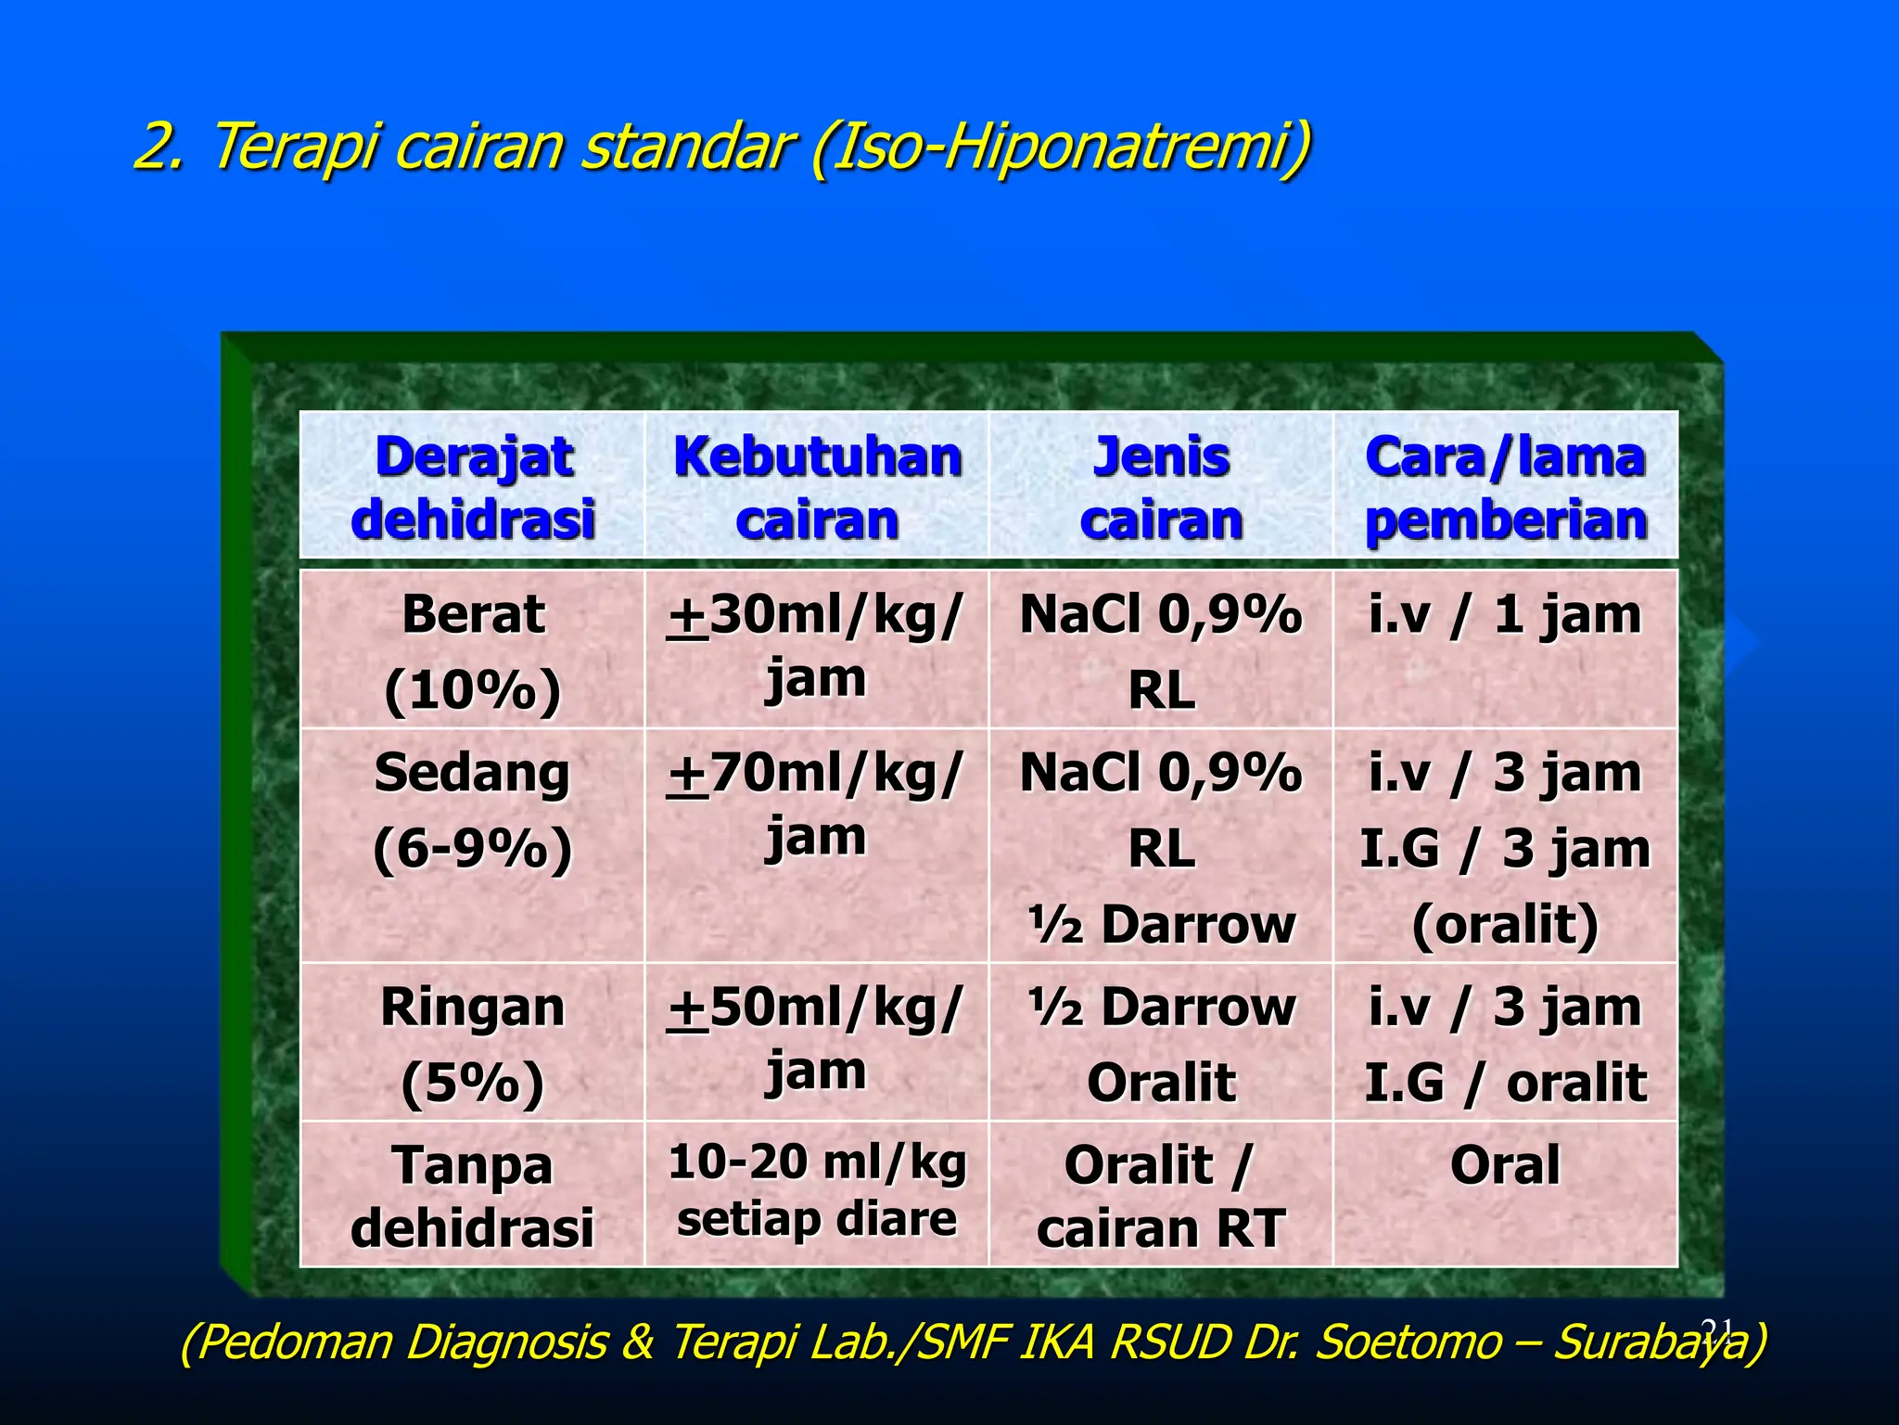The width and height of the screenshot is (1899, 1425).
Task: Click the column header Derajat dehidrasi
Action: coord(472,486)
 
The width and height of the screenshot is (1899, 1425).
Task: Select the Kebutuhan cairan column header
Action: coord(817,486)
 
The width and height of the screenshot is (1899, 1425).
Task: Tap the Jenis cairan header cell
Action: coord(1161,486)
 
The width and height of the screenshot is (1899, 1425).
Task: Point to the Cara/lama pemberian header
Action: coord(1505,486)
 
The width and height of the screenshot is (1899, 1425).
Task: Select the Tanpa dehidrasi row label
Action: coord(472,1195)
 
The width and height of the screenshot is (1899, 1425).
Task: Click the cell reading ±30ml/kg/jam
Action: coord(816,646)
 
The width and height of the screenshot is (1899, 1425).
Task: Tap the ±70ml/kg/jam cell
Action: coord(816,803)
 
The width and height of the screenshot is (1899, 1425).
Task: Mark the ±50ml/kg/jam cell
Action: coord(816,1039)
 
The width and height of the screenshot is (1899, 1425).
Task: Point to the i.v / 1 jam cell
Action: coord(1504,615)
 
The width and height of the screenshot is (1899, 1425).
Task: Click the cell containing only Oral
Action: coord(1504,1165)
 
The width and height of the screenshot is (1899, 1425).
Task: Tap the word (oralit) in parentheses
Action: coord(1504,924)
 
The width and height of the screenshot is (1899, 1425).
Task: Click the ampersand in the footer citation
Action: coord(638,1342)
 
